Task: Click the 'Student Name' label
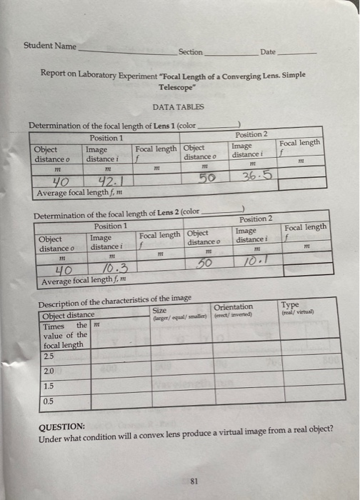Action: [49, 46]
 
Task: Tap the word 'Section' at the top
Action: [191, 52]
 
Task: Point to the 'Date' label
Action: [268, 52]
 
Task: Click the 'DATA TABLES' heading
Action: [178, 106]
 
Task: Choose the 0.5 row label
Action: [48, 401]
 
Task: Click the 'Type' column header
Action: [290, 304]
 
